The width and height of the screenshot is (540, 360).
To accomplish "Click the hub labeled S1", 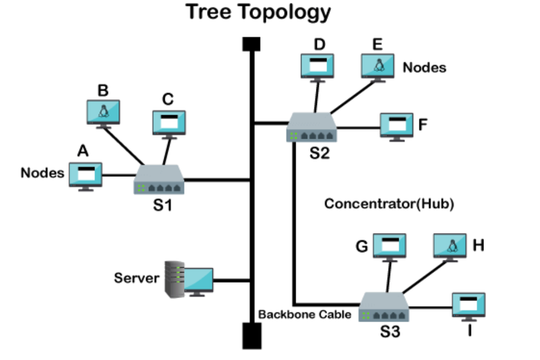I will (x=159, y=179).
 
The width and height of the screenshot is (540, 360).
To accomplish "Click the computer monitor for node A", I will (x=85, y=174).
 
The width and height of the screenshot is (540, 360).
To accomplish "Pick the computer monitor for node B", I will (x=103, y=112).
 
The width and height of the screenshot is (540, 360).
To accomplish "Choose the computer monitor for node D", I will (x=318, y=66).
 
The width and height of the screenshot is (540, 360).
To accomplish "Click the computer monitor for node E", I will (x=379, y=66).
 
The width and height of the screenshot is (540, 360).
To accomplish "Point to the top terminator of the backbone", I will (x=251, y=44).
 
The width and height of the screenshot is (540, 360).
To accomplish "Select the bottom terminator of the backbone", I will (x=251, y=335).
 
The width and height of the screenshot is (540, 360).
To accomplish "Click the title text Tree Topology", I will (x=258, y=12).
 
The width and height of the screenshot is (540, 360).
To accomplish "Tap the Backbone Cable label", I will (x=305, y=315).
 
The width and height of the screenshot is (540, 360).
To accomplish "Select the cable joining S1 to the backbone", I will (x=216, y=179).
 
